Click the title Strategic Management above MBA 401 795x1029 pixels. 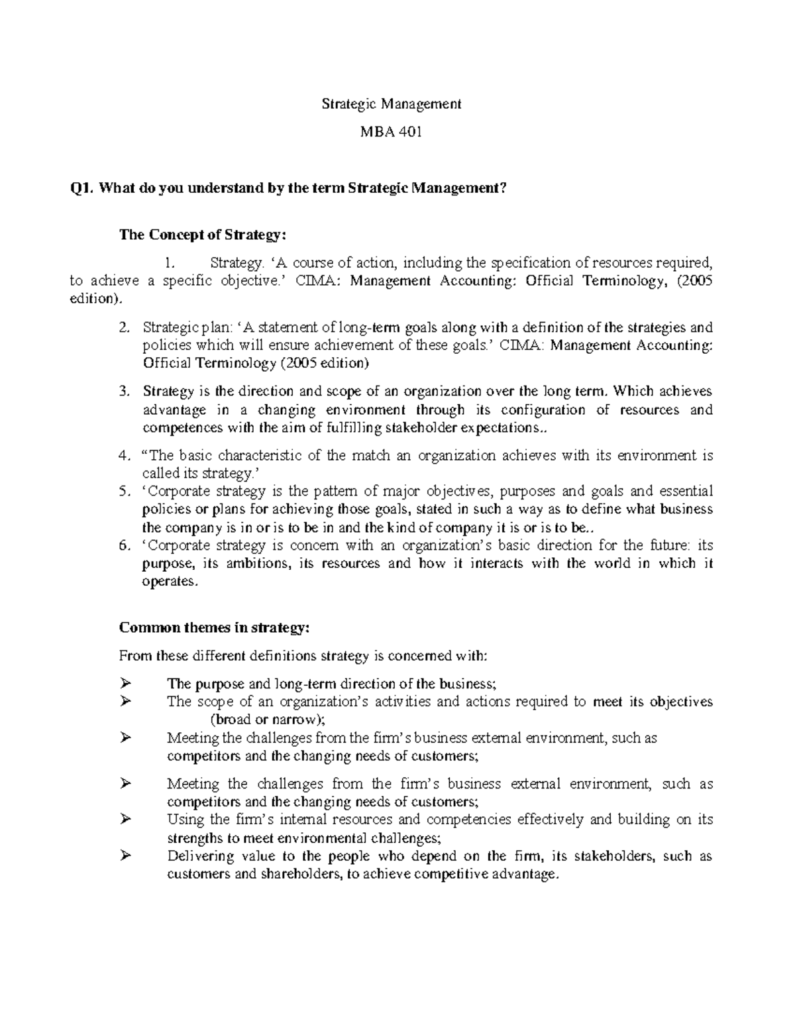tap(391, 104)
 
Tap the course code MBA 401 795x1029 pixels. tap(391, 132)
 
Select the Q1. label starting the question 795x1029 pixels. tap(82, 188)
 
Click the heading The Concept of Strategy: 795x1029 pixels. tap(203, 235)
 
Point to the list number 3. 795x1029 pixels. tap(124, 392)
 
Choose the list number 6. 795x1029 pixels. tap(124, 546)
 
